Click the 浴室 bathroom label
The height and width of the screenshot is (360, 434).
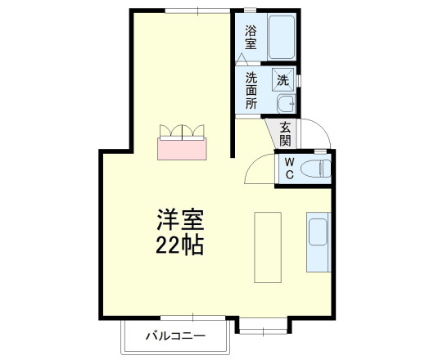pyautogui.click(x=251, y=38)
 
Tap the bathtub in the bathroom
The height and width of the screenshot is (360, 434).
pyautogui.click(x=281, y=36)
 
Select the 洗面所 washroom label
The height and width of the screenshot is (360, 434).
pyautogui.click(x=251, y=91)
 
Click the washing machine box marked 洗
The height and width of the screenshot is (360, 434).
pyautogui.click(x=282, y=80)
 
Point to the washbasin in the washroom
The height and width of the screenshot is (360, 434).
pyautogui.click(x=286, y=104)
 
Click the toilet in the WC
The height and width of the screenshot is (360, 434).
pyautogui.click(x=315, y=169)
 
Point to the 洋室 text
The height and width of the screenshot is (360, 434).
pyautogui.click(x=181, y=220)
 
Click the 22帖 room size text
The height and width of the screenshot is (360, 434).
pyautogui.click(x=181, y=244)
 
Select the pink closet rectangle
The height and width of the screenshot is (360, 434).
pyautogui.click(x=183, y=148)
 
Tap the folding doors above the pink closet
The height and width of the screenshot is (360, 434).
pyautogui.click(x=183, y=130)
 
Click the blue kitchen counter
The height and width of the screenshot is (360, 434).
pyautogui.click(x=318, y=242)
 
